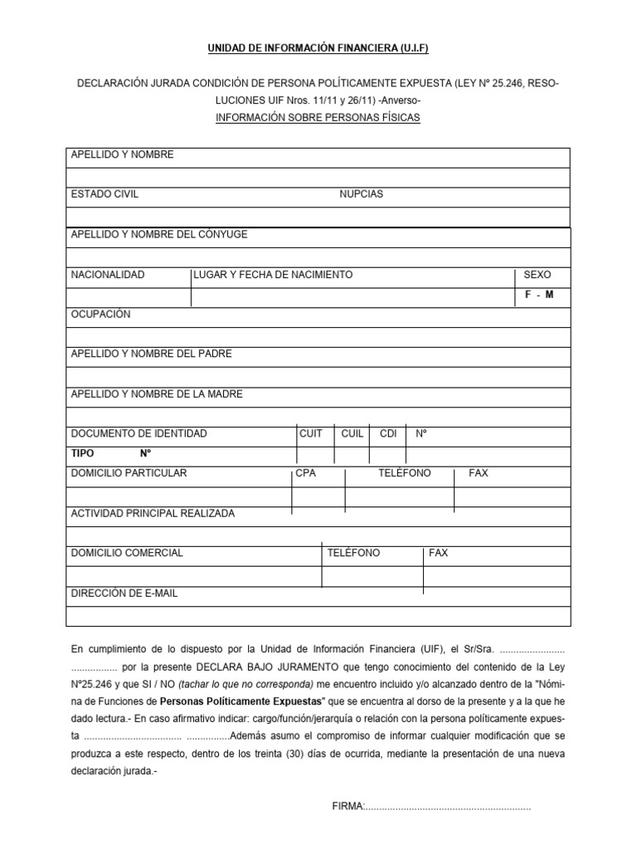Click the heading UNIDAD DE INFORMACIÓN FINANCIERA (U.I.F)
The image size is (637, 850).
[x=318, y=50]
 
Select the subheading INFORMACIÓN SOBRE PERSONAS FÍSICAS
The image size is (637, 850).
[x=318, y=118]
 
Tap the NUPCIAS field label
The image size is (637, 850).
[x=361, y=194]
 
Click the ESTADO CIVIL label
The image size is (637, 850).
[x=105, y=194]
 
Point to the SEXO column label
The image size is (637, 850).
[x=537, y=275]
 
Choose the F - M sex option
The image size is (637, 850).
[x=539, y=296]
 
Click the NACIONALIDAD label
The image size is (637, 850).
[x=108, y=275]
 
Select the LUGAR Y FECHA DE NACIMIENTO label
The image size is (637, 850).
[x=273, y=275]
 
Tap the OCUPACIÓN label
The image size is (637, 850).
[x=100, y=315]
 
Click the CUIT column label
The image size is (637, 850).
[x=311, y=434]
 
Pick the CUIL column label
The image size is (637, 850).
[x=353, y=434]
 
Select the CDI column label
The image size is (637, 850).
[x=387, y=434]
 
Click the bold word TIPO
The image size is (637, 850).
[x=83, y=454]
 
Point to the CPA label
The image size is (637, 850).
[x=306, y=473]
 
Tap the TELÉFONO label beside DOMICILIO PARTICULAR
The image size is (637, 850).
[x=405, y=473]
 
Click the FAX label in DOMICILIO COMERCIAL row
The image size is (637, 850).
[x=438, y=553]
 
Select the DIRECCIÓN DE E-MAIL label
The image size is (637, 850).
[x=124, y=594]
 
